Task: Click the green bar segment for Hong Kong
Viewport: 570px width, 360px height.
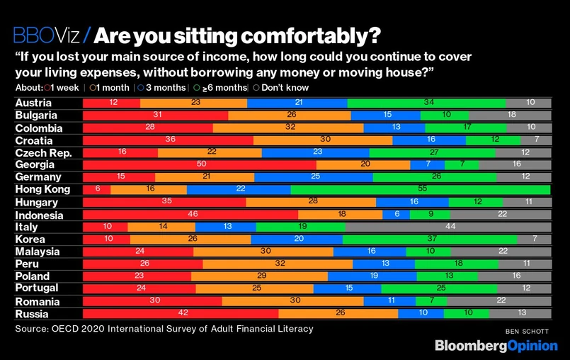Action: (421, 189)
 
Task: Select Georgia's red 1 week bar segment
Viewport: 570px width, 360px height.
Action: (200, 164)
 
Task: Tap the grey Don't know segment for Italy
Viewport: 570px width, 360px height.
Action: (448, 226)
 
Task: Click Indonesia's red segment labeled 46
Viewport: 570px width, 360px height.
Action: (190, 214)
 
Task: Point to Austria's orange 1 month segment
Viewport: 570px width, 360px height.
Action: (193, 103)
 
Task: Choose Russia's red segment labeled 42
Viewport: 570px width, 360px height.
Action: (181, 313)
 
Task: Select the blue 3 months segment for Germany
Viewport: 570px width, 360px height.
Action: (313, 176)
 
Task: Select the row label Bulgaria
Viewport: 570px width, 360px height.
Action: (38, 116)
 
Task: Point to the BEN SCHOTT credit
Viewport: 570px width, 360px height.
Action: (528, 331)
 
